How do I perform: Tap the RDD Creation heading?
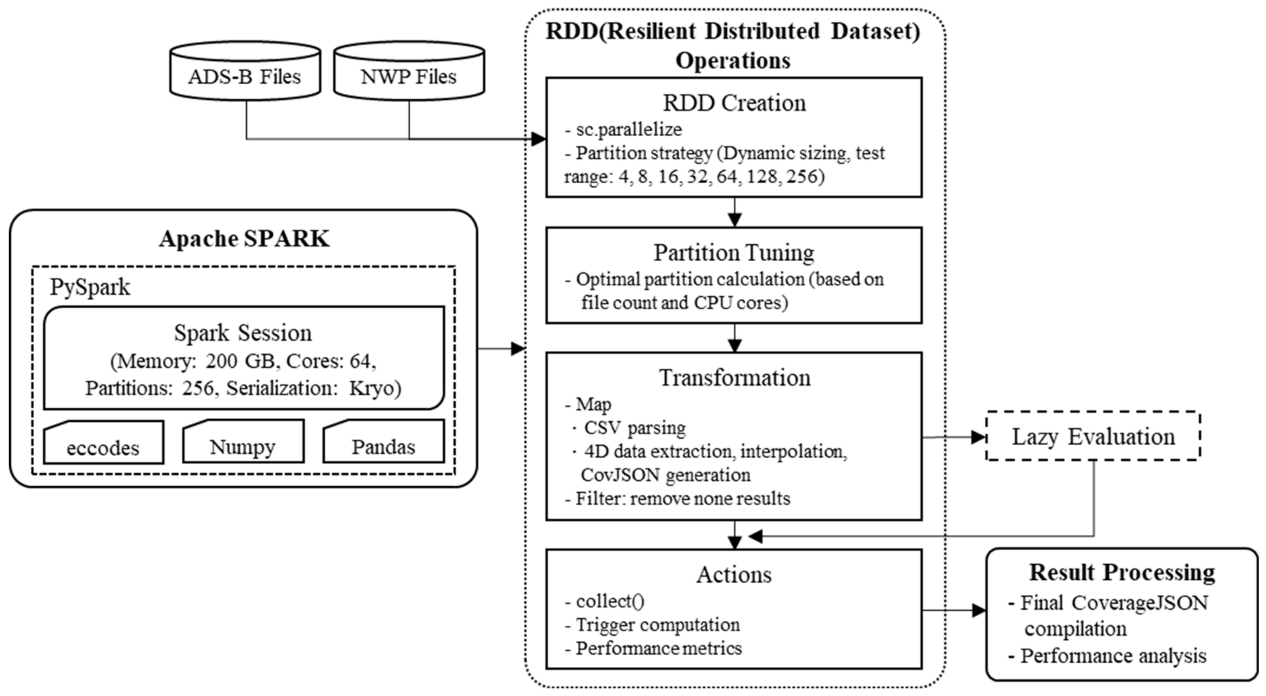(734, 103)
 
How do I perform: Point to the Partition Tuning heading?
(734, 253)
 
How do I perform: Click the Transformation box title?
(734, 377)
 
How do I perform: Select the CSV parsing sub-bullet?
(635, 428)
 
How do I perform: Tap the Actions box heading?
(734, 574)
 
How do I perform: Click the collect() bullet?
(610, 601)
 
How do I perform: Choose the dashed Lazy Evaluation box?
(1093, 437)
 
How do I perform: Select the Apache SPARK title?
(244, 239)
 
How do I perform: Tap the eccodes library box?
(103, 445)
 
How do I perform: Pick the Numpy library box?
(243, 445)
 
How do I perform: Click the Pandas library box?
(383, 445)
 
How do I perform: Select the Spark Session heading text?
(243, 333)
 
